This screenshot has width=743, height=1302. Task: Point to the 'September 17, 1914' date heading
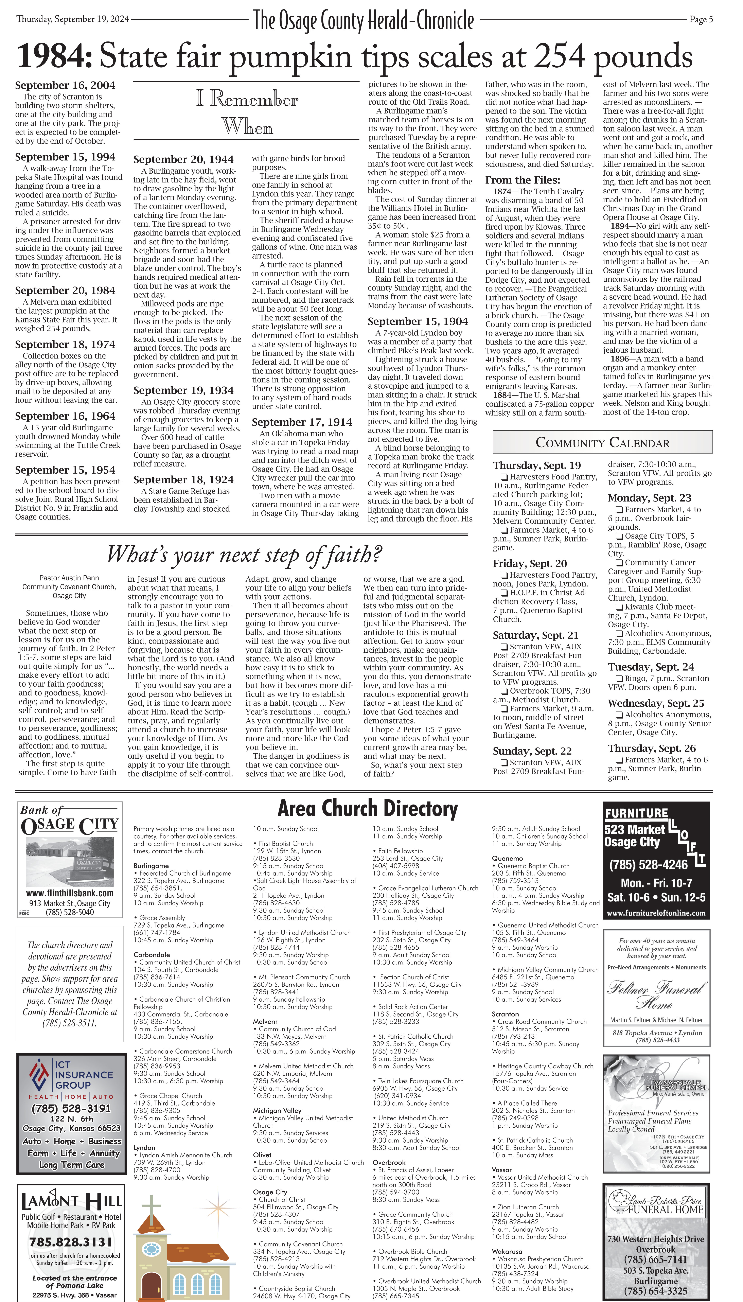[x=302, y=422]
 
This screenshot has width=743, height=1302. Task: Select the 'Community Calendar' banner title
[x=602, y=442]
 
